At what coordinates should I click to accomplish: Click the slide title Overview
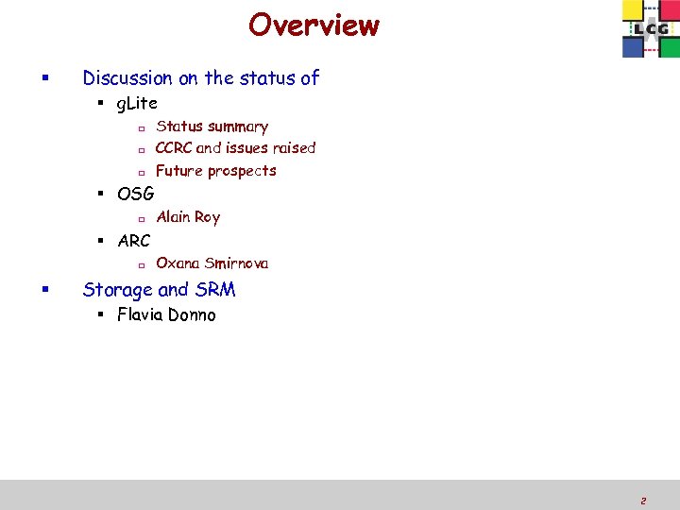[314, 25]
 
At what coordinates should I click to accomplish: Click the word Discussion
[127, 78]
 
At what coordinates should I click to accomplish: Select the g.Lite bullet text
[137, 103]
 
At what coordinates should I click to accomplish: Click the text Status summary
[212, 127]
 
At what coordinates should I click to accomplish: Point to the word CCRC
[174, 147]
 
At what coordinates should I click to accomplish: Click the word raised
[294, 147]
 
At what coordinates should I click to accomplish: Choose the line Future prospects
[215, 171]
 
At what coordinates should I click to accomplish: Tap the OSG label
[135, 194]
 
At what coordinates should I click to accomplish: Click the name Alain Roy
[188, 217]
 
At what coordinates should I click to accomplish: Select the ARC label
[133, 240]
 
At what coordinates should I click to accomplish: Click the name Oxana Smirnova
[212, 263]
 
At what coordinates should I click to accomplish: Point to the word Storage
[117, 290]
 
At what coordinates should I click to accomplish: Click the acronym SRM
[214, 290]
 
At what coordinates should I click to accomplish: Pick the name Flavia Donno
[166, 315]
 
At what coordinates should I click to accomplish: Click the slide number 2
[642, 501]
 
